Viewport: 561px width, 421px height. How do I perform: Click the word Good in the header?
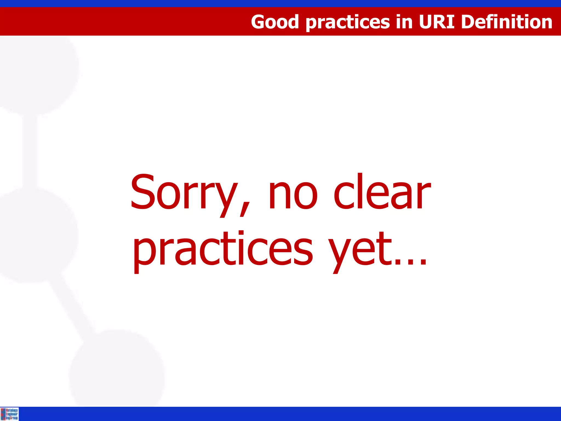(274, 22)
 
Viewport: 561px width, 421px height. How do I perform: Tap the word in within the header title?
(404, 22)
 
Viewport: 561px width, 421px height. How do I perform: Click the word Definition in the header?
(506, 22)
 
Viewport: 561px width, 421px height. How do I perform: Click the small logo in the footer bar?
(9, 414)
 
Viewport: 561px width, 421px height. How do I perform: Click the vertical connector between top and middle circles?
(30, 151)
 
